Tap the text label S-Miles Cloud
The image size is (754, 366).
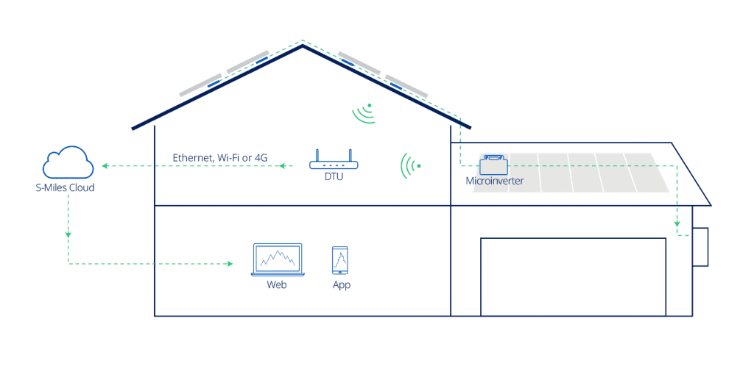65,187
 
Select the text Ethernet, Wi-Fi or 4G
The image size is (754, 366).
220,157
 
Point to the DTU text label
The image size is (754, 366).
334,177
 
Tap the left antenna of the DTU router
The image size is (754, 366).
317,155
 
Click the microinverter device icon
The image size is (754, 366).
493,165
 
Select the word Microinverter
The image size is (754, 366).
494,182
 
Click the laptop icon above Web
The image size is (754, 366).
278,259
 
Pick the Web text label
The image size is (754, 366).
277,284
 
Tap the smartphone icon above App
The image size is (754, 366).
340,260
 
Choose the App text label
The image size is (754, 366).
342,285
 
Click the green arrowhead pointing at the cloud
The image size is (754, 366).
105,166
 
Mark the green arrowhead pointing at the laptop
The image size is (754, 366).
230,264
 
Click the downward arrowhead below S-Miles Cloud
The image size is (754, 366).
68,234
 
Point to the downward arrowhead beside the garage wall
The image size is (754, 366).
677,223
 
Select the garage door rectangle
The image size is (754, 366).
573,277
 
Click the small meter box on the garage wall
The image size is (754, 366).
700,247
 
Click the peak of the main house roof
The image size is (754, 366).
303,46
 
